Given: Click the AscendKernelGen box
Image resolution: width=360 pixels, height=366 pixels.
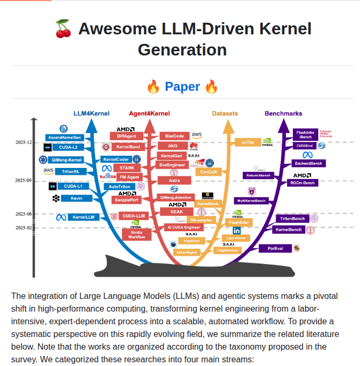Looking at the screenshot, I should click(x=64, y=137).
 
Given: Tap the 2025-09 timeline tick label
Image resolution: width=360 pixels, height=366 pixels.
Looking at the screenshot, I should click(x=23, y=181).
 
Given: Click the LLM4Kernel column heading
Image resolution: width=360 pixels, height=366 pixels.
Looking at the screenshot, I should click(x=91, y=114).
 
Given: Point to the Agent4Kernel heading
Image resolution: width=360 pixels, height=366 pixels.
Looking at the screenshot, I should click(x=149, y=114).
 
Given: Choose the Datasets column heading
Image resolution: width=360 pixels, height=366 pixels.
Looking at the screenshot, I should click(x=225, y=114).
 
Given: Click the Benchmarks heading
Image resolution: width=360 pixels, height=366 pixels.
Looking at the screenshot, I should click(x=283, y=114).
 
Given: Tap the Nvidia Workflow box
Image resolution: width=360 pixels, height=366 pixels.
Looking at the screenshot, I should click(x=136, y=234).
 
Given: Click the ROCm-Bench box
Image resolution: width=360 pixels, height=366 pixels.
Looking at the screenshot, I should click(x=302, y=183).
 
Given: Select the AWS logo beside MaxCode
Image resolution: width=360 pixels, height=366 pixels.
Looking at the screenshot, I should click(x=197, y=136).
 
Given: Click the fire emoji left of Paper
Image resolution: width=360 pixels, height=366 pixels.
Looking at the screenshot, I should click(x=153, y=87).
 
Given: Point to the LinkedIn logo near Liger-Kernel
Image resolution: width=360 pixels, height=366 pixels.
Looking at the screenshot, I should click(x=236, y=230).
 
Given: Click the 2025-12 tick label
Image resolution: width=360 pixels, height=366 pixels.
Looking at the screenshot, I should click(x=23, y=142).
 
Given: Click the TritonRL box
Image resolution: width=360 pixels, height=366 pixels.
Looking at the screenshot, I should click(x=71, y=172).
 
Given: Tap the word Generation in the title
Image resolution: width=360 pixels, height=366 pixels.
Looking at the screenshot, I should click(x=182, y=50).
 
